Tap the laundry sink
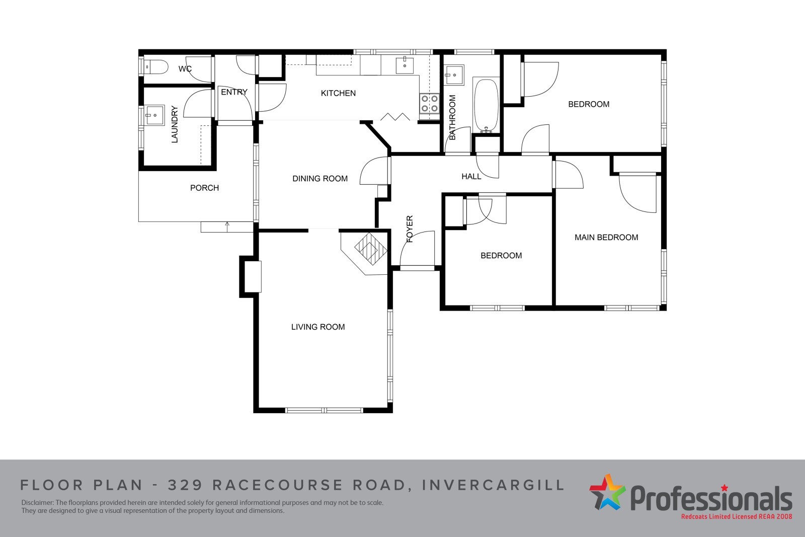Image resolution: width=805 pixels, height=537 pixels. coord(154,115)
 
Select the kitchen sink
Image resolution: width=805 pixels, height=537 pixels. coord(405,65)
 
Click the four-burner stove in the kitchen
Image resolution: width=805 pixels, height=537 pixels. coord(430,103)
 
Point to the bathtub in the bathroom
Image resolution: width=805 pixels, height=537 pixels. coord(486,105)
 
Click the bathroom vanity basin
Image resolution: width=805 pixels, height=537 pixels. coord(454,75)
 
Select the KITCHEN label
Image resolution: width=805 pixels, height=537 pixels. coord(338,94)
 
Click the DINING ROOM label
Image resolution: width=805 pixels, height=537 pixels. coord(320,179)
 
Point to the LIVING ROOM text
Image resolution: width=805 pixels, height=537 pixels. coord(318,327)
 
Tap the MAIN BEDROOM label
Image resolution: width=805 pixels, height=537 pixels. coord(606,238)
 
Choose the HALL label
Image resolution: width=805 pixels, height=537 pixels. coord(471,177)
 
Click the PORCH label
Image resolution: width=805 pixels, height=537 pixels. coord(204,188)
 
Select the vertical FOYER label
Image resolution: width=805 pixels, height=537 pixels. coord(410,228)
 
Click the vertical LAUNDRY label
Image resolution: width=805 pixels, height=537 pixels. coord(175,124)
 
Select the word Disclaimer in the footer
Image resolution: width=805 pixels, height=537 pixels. coord(37,503)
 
